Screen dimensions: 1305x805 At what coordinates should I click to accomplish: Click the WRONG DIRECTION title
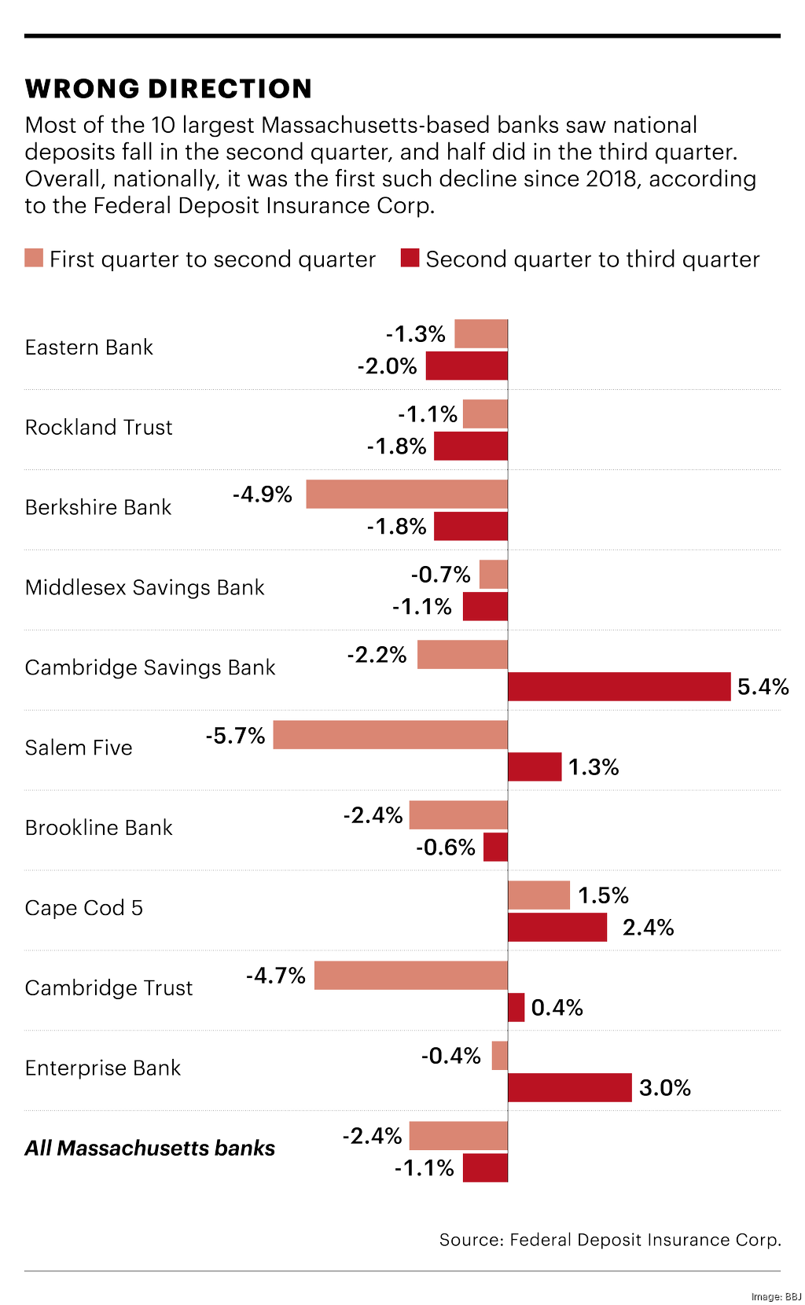[x=168, y=89]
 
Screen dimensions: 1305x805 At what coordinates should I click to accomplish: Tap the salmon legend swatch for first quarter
[x=34, y=258]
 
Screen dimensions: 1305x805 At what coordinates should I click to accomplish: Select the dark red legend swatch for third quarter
[x=410, y=258]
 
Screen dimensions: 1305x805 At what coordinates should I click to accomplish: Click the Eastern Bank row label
[x=89, y=347]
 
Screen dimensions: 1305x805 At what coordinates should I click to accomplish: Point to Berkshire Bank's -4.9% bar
[x=406, y=494]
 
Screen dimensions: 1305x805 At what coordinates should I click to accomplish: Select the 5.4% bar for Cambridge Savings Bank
[x=619, y=686]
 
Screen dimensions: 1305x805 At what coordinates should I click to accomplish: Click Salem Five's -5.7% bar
[x=390, y=734]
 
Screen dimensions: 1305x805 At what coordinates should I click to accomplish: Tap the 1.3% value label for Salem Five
[x=594, y=767]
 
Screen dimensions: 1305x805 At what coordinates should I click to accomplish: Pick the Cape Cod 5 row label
[x=83, y=908]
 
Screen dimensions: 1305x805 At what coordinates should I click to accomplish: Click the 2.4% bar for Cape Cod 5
[x=557, y=927]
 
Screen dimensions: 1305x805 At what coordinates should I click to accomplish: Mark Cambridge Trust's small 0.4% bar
[x=516, y=1007]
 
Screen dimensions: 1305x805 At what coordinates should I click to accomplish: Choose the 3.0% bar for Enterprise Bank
[x=570, y=1087]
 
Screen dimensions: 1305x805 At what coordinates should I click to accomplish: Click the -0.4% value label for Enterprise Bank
[x=450, y=1056]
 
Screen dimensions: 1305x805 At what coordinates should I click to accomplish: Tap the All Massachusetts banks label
[x=149, y=1149]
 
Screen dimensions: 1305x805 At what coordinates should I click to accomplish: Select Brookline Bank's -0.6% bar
[x=495, y=847]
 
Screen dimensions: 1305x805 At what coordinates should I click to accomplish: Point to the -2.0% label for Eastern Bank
[x=387, y=366]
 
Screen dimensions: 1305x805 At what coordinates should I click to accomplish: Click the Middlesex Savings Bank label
[x=145, y=587]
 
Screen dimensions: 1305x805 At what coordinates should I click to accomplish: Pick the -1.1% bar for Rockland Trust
[x=485, y=414]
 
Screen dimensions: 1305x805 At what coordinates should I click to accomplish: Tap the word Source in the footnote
[x=470, y=1240]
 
